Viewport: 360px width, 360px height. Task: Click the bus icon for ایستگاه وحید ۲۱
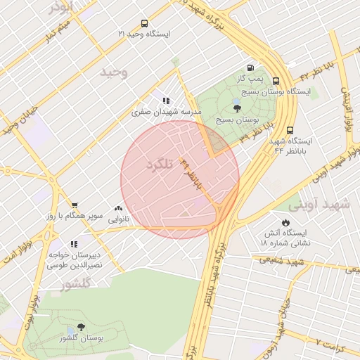point(145,23)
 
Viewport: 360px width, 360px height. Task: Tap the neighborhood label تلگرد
point(159,165)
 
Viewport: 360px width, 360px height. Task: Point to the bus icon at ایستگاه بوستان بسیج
point(276,81)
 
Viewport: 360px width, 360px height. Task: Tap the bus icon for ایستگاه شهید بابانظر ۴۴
point(290,130)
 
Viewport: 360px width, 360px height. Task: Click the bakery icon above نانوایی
point(118,208)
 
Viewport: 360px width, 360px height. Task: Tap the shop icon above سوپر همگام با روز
point(74,205)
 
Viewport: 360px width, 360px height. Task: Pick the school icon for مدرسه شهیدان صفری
point(166,101)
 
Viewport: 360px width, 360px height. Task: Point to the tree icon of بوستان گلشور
point(81,327)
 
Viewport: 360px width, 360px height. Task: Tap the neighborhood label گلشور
point(77,285)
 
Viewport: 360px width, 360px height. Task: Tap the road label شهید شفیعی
point(278,261)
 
